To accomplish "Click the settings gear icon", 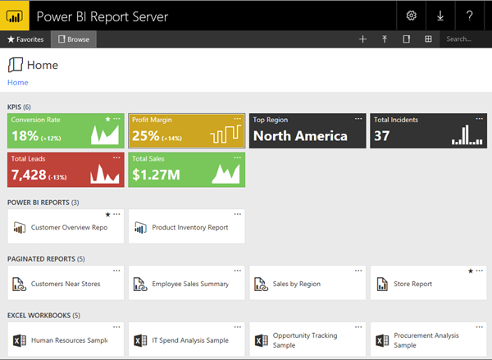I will pos(412,16).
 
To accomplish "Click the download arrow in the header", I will pos(440,16).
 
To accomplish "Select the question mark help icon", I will pos(469,16).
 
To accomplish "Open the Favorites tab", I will pos(25,39).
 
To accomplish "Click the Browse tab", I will pos(74,39).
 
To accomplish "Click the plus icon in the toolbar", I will pos(362,39).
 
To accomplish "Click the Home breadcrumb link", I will pos(17,83).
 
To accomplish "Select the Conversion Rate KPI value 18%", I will pos(25,136).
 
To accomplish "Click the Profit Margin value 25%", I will pos(145,136).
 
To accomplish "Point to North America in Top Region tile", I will pos(299,136).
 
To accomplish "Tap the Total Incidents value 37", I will pos(382,136).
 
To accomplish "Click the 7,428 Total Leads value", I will pos(29,175).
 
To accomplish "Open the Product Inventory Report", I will pos(189,227).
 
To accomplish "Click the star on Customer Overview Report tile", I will pos(107,214).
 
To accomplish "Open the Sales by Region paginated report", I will pos(297,284).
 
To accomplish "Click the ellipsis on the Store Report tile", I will pos(480,271).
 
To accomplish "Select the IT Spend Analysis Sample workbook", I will pos(189,339).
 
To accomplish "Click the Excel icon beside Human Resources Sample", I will pos(19,339).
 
